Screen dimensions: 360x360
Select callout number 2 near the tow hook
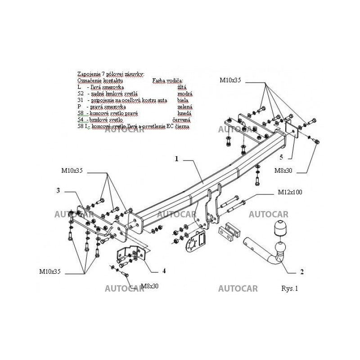click(302, 271)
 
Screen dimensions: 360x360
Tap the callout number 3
click(58, 190)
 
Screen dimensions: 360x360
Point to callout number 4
click(164, 271)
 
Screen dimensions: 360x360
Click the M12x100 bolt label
click(290, 192)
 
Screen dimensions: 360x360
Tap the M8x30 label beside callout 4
click(150, 286)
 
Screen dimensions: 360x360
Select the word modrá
click(185, 94)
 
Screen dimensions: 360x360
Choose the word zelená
click(185, 107)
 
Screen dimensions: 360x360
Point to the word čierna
click(183, 127)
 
